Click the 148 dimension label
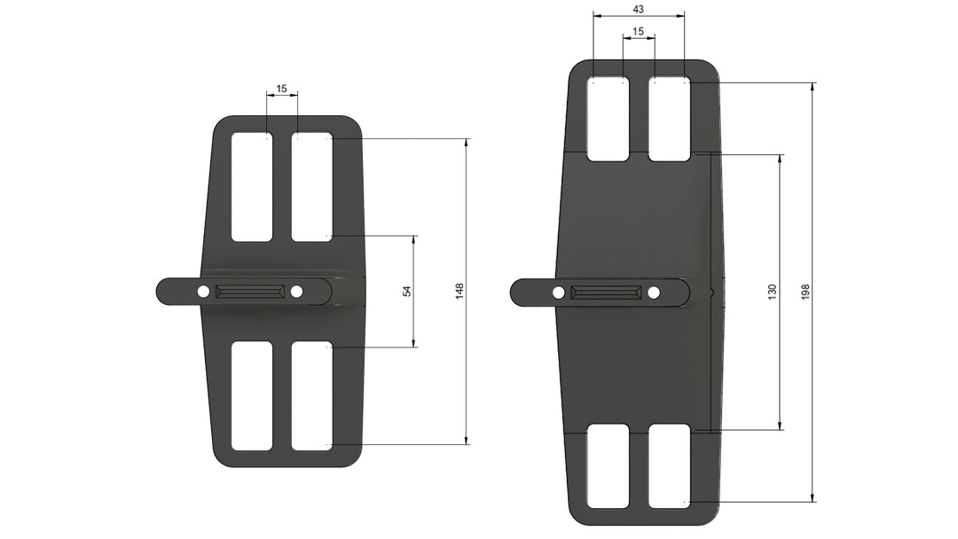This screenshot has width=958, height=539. point(459,291)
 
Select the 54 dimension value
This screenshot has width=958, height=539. point(407,291)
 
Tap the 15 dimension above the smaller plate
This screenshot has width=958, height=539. point(282,89)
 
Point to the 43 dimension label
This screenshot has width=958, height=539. point(638,9)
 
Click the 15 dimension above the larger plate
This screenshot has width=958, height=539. point(639,32)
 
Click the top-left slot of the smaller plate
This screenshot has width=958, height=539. point(252,187)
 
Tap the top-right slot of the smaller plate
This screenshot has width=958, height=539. point(312,187)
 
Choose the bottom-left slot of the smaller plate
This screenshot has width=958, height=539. point(252,395)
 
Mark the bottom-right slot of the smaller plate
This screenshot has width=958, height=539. point(312,395)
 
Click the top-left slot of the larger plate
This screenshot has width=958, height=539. point(608,119)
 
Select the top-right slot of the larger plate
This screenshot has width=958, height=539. point(669,119)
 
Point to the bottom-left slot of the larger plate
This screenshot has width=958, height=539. point(608,466)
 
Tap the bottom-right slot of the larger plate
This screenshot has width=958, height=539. point(669,466)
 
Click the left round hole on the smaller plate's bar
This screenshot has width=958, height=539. point(203,292)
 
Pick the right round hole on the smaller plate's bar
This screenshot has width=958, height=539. point(296,292)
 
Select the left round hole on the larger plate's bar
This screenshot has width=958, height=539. point(559,293)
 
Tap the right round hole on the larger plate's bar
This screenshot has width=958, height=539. point(654,293)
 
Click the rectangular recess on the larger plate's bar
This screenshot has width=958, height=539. point(606,292)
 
